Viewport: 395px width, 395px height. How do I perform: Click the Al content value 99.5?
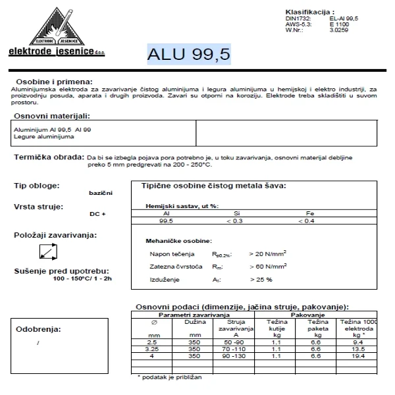(167, 222)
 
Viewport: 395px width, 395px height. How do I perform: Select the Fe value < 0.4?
(307, 222)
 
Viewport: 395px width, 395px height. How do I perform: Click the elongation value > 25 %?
(261, 279)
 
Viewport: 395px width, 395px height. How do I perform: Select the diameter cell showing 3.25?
(152, 349)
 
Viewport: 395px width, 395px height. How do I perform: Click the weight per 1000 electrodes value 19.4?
(359, 355)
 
